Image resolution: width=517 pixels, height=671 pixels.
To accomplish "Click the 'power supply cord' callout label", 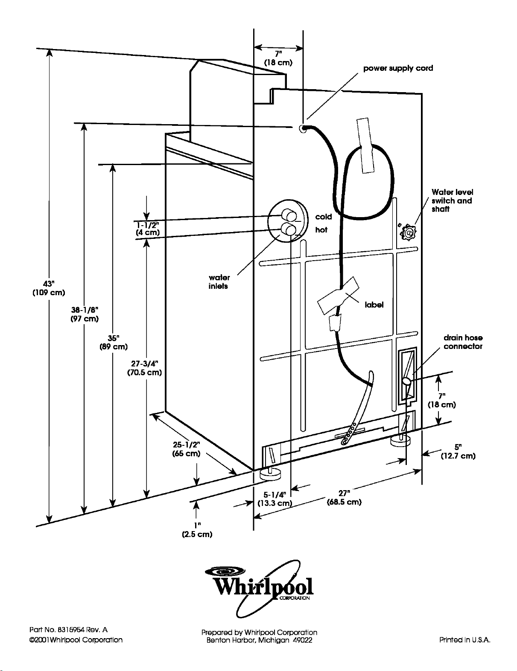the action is pyautogui.click(x=398, y=68).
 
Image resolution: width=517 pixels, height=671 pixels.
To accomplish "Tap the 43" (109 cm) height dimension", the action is pyautogui.click(x=49, y=288).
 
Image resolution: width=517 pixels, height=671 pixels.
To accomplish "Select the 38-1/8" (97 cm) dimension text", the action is pyautogui.click(x=85, y=314).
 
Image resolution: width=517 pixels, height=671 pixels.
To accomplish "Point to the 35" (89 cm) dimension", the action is pyautogui.click(x=114, y=342).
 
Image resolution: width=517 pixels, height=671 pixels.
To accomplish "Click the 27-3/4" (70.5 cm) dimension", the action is pyautogui.click(x=145, y=368).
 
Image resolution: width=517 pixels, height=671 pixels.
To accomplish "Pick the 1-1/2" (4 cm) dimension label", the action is pyautogui.click(x=148, y=228).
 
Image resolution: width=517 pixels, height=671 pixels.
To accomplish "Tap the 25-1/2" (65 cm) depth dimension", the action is pyautogui.click(x=186, y=449).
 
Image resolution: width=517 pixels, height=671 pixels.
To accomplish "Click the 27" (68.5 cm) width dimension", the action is pyautogui.click(x=344, y=498).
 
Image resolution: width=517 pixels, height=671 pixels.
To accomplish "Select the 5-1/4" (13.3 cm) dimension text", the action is pyautogui.click(x=275, y=499).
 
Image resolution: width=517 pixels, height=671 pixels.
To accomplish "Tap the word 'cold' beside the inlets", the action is pyautogui.click(x=324, y=217).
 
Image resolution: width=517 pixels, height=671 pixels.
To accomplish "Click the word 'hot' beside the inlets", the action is pyautogui.click(x=321, y=230).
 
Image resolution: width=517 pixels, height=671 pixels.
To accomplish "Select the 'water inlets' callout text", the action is pyautogui.click(x=219, y=282).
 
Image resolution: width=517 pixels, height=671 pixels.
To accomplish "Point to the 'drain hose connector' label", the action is pyautogui.click(x=463, y=342).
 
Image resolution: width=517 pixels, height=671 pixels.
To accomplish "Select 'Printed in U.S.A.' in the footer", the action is pyautogui.click(x=465, y=640).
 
